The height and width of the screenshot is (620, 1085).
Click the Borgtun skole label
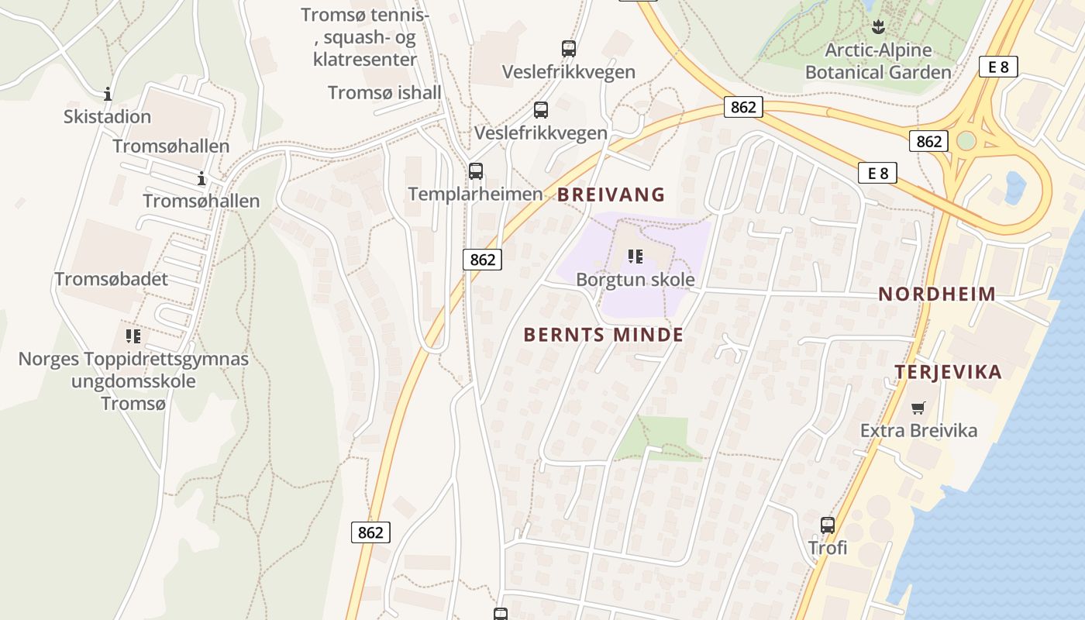[635, 280]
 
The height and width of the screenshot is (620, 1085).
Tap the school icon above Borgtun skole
[635, 256]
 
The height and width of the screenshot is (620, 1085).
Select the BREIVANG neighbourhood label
[611, 195]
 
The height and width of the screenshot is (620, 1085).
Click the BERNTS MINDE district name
[604, 335]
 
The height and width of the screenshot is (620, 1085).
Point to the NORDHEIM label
[937, 294]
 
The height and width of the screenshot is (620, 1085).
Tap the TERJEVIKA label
[948, 372]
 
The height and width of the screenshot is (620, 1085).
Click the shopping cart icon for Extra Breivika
[918, 408]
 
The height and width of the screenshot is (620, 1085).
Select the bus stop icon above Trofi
[828, 525]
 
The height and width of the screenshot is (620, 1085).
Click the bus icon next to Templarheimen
[476, 171]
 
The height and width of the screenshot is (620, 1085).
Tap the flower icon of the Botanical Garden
[877, 28]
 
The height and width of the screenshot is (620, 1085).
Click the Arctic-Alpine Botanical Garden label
[878, 61]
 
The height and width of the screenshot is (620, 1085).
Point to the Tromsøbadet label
[111, 279]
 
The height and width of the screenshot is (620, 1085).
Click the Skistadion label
[107, 117]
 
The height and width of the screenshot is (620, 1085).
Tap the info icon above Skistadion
[108, 95]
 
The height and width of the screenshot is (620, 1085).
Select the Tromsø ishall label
[384, 93]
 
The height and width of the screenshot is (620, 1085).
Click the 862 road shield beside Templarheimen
[482, 260]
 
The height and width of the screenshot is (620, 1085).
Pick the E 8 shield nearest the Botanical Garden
[997, 67]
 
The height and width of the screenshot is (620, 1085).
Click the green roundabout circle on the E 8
[966, 141]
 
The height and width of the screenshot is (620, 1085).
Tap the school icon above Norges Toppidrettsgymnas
[133, 336]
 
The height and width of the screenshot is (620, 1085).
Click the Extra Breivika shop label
[918, 430]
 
